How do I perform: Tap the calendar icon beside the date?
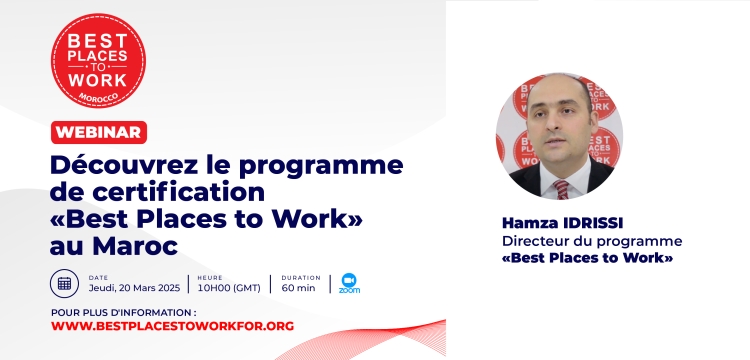(x=64, y=283)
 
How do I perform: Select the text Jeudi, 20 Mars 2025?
(x=133, y=288)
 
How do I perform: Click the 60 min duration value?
(x=298, y=288)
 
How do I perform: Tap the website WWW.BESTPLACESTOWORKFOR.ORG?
(x=172, y=326)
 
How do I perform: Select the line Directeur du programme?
(x=592, y=241)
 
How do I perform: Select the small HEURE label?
(x=209, y=277)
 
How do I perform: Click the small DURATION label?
(x=301, y=277)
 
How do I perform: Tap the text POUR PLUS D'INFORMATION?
(x=123, y=312)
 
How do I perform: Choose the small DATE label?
(x=98, y=277)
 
